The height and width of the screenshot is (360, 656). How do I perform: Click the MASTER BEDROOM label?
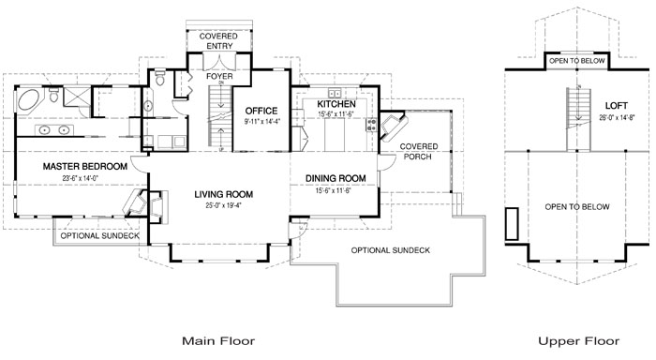[85, 167]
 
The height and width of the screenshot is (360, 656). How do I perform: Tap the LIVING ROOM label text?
[223, 194]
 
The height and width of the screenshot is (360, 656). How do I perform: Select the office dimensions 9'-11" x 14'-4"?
[261, 122]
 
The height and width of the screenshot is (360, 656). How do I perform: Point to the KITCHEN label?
[335, 104]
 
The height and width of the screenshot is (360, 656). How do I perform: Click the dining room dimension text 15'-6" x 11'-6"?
[335, 190]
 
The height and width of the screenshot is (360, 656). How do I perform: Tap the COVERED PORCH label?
[418, 152]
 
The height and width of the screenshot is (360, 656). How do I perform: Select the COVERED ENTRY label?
[218, 41]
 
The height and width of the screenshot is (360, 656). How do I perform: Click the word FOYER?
[219, 77]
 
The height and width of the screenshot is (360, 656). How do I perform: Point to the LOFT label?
[617, 106]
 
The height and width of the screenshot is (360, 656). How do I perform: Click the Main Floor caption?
[218, 340]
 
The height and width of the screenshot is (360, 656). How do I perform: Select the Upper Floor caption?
[578, 340]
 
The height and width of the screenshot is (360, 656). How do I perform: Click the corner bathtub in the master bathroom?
[29, 99]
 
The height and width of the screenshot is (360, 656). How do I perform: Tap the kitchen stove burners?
[371, 125]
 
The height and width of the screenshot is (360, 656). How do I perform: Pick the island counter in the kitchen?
[335, 134]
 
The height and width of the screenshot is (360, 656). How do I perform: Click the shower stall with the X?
[77, 96]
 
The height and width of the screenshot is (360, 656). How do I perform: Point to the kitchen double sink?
[335, 93]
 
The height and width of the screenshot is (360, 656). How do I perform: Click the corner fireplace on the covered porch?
[394, 127]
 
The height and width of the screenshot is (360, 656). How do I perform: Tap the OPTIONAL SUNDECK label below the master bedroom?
[100, 235]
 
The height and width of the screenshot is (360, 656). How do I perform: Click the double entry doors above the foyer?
[219, 62]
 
